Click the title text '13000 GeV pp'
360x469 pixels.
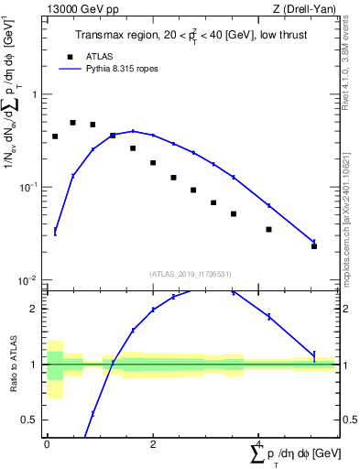[77, 9]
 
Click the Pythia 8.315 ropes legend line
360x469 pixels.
[71, 68]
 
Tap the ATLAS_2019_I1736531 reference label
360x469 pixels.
[190, 273]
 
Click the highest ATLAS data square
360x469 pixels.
[73, 123]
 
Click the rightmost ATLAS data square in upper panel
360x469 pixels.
[314, 246]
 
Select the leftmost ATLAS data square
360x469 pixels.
[55, 136]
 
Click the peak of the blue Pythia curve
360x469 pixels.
[133, 131]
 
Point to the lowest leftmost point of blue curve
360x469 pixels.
[55, 232]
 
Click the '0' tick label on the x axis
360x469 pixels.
[47, 443]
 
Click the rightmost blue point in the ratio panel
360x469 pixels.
[314, 355]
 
